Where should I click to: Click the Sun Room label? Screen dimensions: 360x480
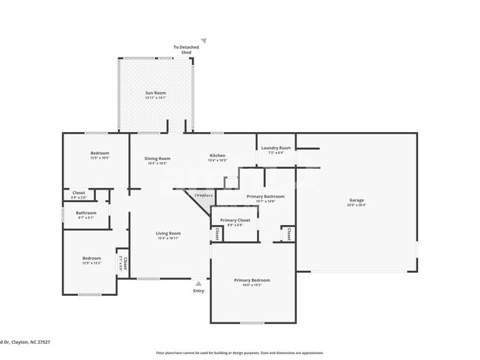(155, 94)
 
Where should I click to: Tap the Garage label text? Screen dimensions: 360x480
(356, 201)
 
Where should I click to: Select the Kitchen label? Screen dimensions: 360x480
(217, 157)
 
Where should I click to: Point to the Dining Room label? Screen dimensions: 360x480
(157, 160)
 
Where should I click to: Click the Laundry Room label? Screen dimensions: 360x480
(276, 150)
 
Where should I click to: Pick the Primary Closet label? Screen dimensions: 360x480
(235, 222)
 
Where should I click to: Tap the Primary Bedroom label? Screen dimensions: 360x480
(252, 282)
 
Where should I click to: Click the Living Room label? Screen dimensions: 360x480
(168, 235)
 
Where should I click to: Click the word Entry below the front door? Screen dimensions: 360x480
(199, 291)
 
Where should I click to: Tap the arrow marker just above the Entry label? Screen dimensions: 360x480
(198, 283)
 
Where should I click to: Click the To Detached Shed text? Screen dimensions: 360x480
(186, 50)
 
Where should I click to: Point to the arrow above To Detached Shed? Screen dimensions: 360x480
(204, 41)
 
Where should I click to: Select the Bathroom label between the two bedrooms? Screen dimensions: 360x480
(86, 215)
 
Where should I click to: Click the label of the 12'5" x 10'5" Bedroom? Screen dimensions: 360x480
(100, 155)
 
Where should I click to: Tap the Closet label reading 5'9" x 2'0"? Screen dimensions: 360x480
(78, 195)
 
